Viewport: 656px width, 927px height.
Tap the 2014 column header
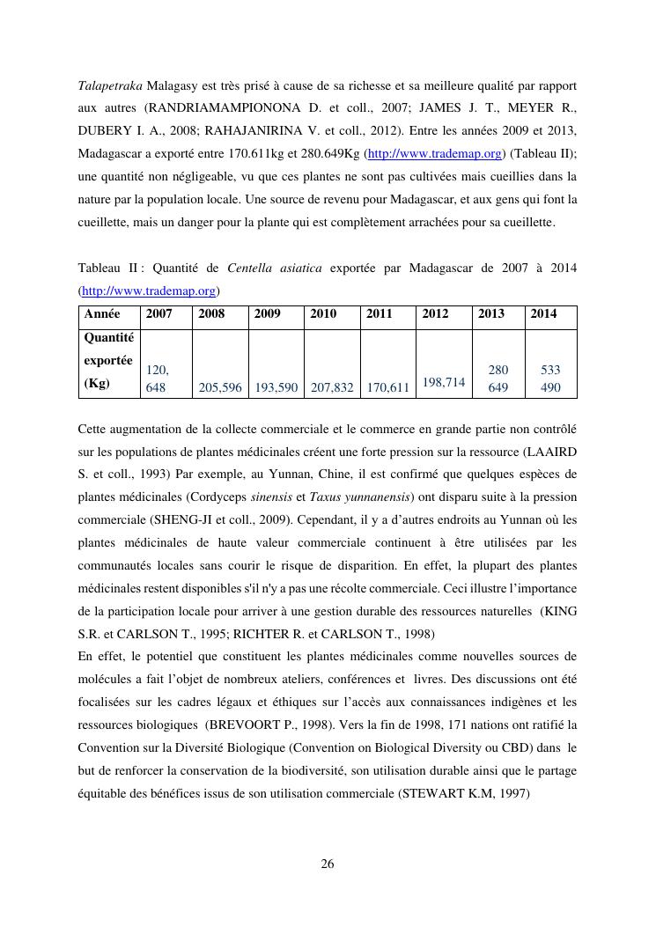pos(543,313)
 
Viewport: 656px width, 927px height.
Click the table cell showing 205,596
pos(220,387)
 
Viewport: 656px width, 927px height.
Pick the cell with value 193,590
pos(276,387)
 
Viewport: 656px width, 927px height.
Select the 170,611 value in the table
pos(388,387)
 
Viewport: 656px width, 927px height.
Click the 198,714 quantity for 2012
pos(444,382)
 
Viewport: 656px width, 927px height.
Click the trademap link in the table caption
pos(148,291)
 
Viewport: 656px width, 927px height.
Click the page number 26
pos(328,864)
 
